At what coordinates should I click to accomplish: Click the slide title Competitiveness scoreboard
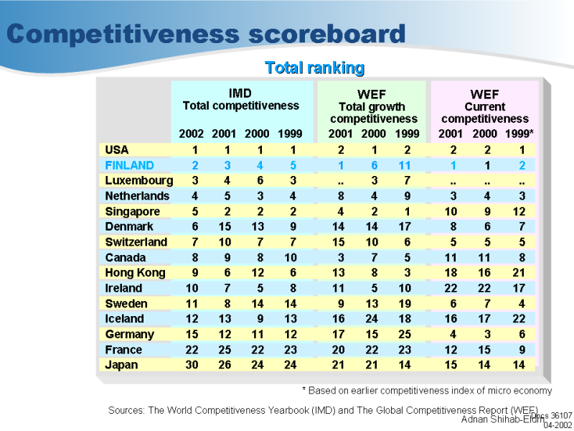[x=206, y=34]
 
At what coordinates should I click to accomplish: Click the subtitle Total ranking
[x=314, y=68]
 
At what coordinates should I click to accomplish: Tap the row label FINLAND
[x=129, y=165]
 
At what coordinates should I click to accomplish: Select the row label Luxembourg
[x=138, y=180]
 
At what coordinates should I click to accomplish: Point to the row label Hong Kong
[x=135, y=273]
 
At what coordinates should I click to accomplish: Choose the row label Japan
[x=121, y=365]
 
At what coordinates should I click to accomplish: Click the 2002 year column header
[x=192, y=134]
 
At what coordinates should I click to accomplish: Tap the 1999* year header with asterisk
[x=519, y=134]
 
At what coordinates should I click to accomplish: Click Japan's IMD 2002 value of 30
[x=192, y=365]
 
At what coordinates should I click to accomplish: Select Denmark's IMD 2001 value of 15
[x=224, y=226]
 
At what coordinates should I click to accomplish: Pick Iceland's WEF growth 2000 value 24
[x=374, y=319]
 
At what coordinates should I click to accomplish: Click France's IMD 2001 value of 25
[x=224, y=350]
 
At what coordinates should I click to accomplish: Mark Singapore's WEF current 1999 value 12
[x=519, y=211]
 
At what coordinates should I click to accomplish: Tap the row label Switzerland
[x=136, y=242]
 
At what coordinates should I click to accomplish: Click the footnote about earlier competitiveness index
[x=426, y=391]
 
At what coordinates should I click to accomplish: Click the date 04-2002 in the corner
[x=557, y=425]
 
